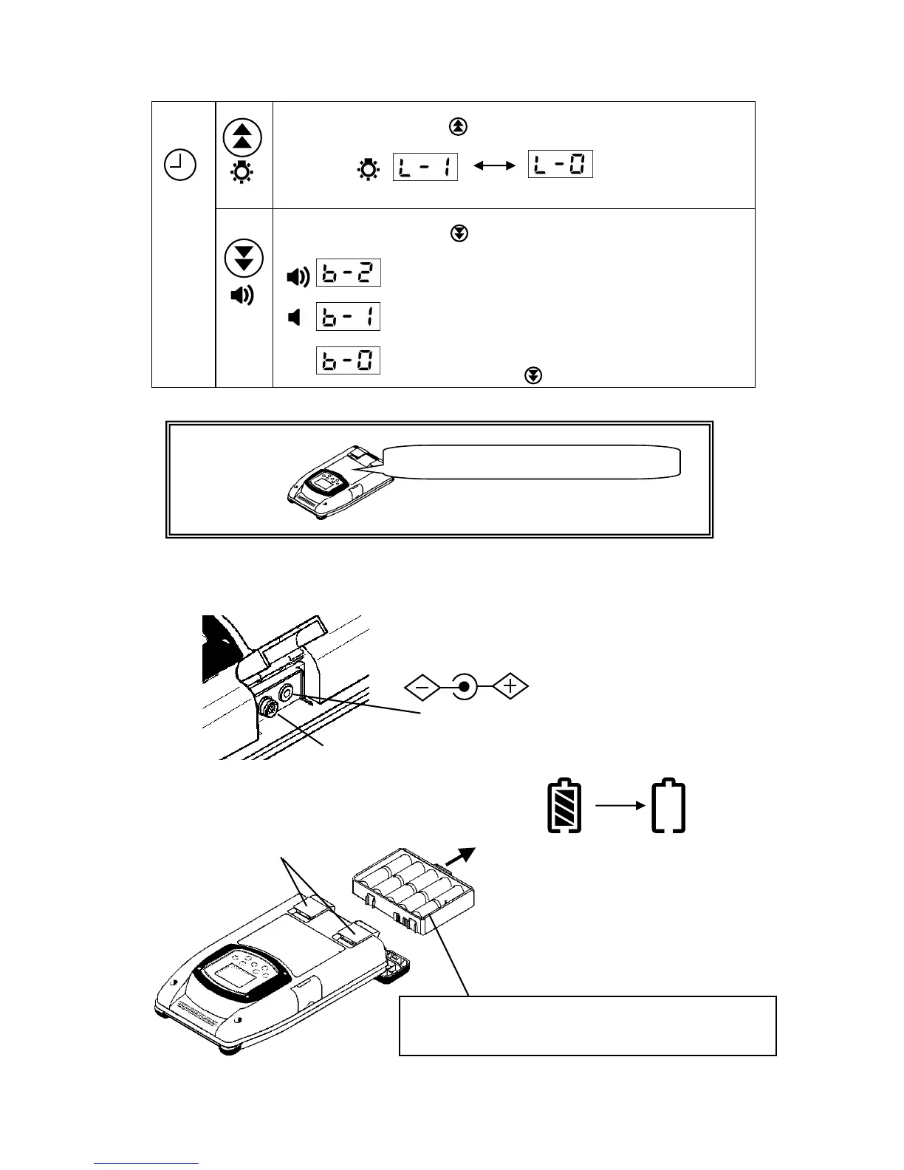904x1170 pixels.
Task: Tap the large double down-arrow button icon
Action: [243, 257]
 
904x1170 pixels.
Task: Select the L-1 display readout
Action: [425, 166]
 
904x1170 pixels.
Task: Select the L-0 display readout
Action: [560, 165]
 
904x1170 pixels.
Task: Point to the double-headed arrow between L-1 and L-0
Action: [493, 168]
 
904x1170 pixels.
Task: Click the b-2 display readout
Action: [348, 273]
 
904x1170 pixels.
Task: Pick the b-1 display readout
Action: [348, 317]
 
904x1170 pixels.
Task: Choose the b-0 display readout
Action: [348, 360]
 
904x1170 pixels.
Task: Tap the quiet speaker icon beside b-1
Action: [295, 318]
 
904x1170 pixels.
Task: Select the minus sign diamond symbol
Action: [422, 688]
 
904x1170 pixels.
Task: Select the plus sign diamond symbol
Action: [510, 688]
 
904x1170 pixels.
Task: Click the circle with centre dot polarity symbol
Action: [464, 688]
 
